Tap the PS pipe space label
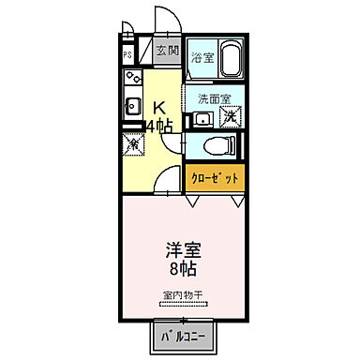click(x=127, y=53)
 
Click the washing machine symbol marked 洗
click(x=229, y=118)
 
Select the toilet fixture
click(x=216, y=146)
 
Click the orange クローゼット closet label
click(x=215, y=177)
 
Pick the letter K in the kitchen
click(x=159, y=107)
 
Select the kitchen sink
click(x=131, y=105)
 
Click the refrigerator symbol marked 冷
click(x=132, y=144)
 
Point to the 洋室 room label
click(x=182, y=250)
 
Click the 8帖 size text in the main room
click(x=182, y=270)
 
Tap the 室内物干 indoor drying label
click(x=182, y=295)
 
